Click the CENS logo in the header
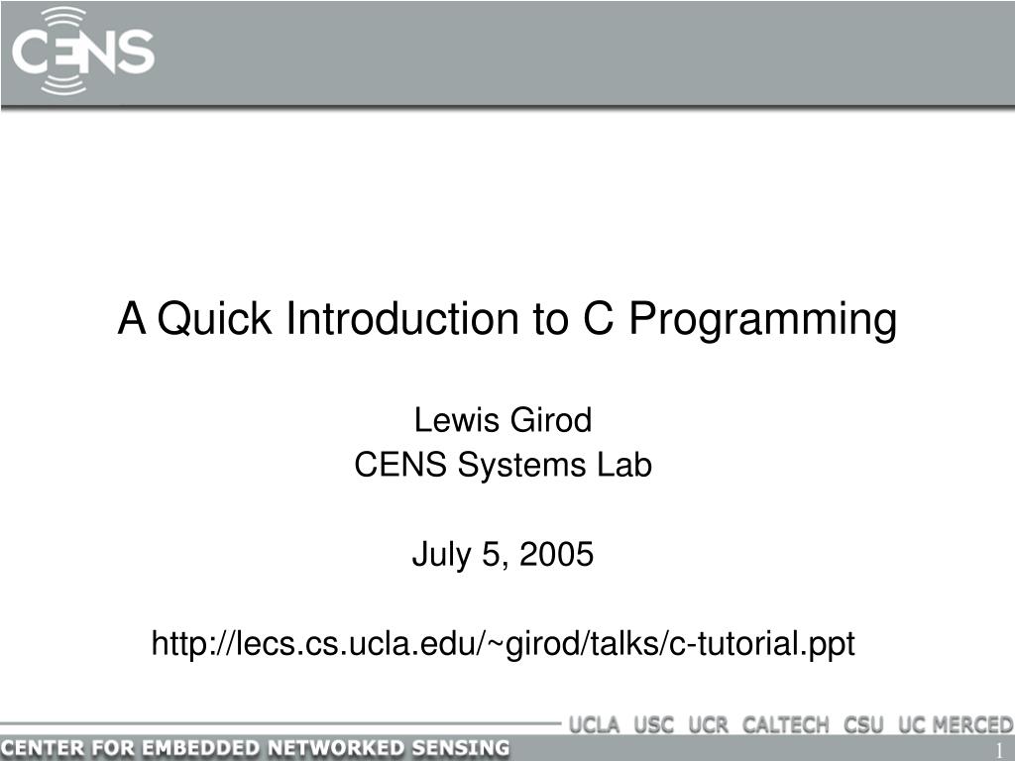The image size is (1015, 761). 83,51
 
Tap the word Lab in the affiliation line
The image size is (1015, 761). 625,465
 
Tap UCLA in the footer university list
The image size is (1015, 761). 594,724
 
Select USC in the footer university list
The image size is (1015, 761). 653,724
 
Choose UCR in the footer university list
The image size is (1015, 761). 708,724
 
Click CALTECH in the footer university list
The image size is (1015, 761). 785,724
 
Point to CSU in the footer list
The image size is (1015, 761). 864,724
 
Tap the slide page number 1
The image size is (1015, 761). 1000,749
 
